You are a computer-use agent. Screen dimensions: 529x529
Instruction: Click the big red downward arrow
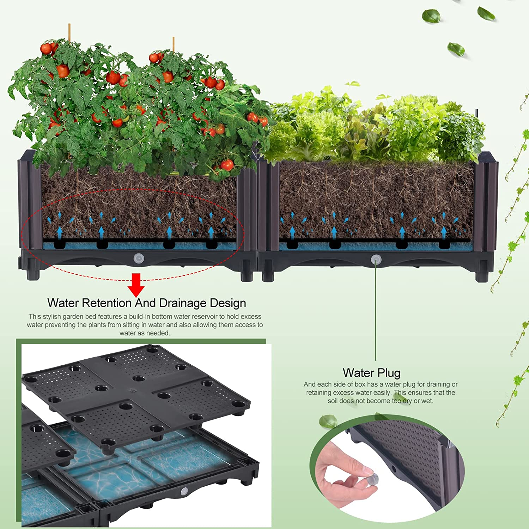(x=136, y=284)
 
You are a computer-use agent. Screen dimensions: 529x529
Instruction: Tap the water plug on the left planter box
(x=139, y=259)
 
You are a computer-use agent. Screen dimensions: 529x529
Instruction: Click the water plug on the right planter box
(x=376, y=260)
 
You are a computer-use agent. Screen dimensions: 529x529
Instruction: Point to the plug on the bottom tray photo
(x=184, y=491)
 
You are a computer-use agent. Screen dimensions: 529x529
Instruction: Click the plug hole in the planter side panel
(x=394, y=469)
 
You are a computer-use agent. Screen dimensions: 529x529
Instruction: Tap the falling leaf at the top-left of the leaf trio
(x=431, y=16)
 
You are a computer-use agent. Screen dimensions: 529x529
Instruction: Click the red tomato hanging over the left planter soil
(x=227, y=165)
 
